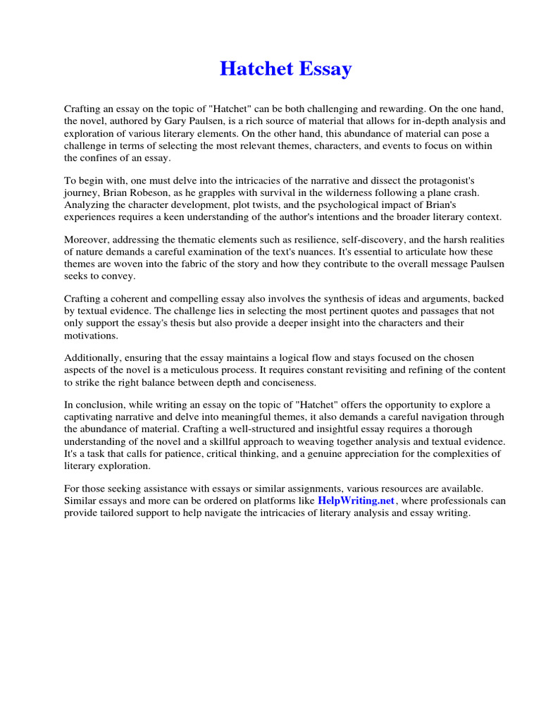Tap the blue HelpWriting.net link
point(357,500)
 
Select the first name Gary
point(178,121)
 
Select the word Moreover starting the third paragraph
point(87,240)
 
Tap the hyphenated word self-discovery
point(360,240)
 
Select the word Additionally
point(92,359)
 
